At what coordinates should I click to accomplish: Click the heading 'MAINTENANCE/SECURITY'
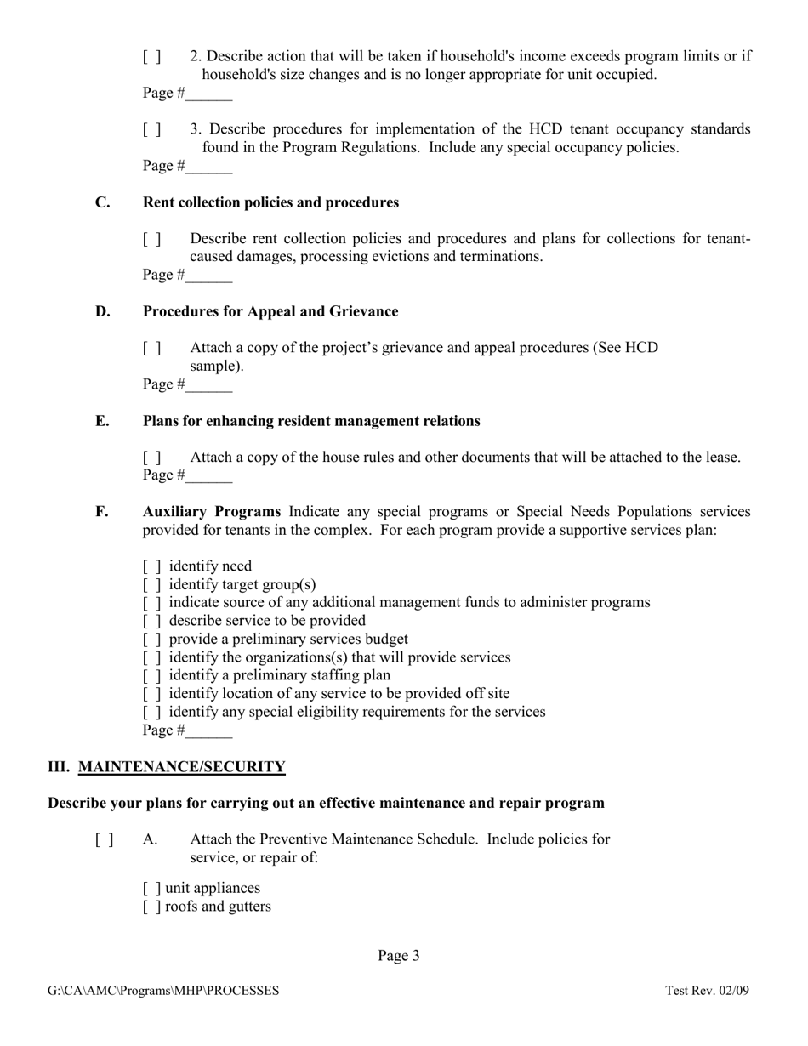pyautogui.click(x=181, y=767)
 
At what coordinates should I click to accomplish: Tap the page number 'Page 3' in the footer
pyautogui.click(x=399, y=956)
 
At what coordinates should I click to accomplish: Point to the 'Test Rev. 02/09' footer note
pyautogui.click(x=707, y=991)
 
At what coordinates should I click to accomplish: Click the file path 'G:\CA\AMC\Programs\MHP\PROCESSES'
pyautogui.click(x=163, y=991)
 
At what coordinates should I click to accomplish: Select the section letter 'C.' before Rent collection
pyautogui.click(x=103, y=202)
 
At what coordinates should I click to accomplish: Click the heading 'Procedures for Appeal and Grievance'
pyautogui.click(x=270, y=312)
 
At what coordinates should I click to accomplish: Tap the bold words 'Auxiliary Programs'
pyautogui.click(x=212, y=512)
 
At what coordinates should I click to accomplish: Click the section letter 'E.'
pyautogui.click(x=102, y=421)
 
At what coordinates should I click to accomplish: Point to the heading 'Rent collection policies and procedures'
pyautogui.click(x=270, y=202)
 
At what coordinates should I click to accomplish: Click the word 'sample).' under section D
pyautogui.click(x=217, y=367)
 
